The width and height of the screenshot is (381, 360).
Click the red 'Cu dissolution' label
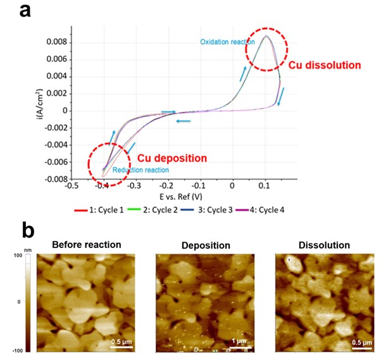click(x=325, y=65)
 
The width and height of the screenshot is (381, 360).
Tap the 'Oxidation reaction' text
click(x=228, y=42)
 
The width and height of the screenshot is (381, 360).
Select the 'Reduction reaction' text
click(x=141, y=170)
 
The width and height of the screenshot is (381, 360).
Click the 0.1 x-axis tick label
click(x=265, y=187)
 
